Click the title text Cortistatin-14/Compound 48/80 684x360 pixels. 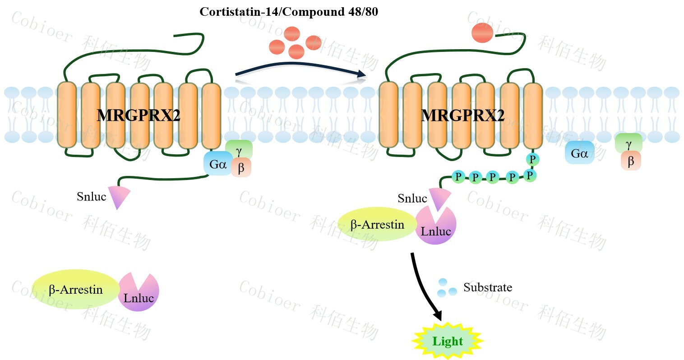[289, 12]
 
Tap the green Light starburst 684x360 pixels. [448, 341]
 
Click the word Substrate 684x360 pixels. [488, 287]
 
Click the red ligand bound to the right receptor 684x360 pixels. [482, 33]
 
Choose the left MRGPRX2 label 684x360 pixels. [139, 115]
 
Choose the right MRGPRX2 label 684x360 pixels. [462, 115]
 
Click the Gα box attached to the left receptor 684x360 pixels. [218, 164]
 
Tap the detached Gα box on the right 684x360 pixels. [579, 153]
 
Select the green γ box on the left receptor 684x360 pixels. [239, 149]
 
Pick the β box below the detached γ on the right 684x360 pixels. [631, 161]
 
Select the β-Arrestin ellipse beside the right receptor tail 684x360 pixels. [377, 224]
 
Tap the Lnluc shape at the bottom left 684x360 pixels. [139, 293]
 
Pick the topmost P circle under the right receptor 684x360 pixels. [532, 159]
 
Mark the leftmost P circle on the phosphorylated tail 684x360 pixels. [458, 176]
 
